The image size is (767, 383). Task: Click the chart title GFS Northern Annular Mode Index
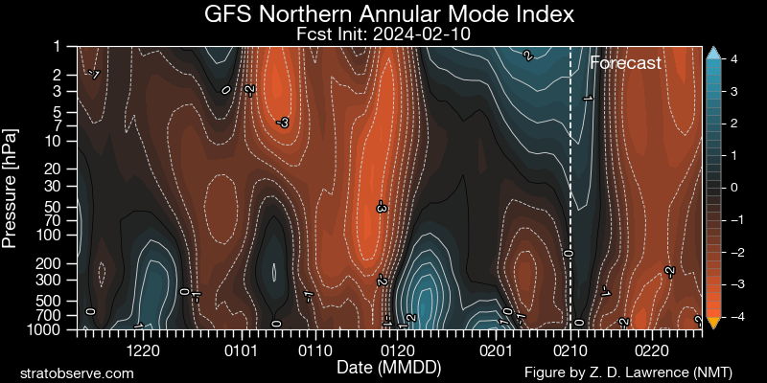[x=389, y=14]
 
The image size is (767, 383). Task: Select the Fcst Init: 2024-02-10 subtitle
[x=389, y=34]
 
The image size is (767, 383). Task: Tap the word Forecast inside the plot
[x=625, y=64]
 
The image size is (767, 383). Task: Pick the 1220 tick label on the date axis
[x=142, y=350]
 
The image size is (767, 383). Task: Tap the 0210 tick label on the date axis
[x=570, y=350]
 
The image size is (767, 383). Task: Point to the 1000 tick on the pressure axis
[x=50, y=329]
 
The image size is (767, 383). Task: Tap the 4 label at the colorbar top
[x=733, y=59]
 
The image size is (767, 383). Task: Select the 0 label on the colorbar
[x=733, y=188]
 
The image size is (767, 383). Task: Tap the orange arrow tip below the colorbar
[x=712, y=325]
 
